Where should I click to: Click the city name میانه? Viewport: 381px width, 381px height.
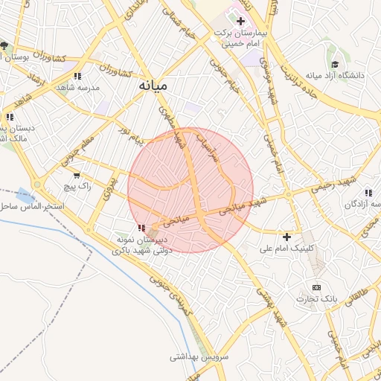click(x=153, y=86)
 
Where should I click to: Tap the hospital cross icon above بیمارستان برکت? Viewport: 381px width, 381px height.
click(x=240, y=20)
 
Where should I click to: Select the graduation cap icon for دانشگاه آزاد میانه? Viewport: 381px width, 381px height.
click(x=335, y=65)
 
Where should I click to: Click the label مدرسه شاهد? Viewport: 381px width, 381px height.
click(x=83, y=86)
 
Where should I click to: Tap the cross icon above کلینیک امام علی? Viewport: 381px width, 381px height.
click(x=287, y=236)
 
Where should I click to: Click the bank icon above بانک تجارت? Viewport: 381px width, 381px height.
click(x=316, y=287)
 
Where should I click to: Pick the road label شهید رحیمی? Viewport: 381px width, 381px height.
click(x=334, y=184)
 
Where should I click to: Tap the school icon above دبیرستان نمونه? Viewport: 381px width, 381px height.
click(x=141, y=228)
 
